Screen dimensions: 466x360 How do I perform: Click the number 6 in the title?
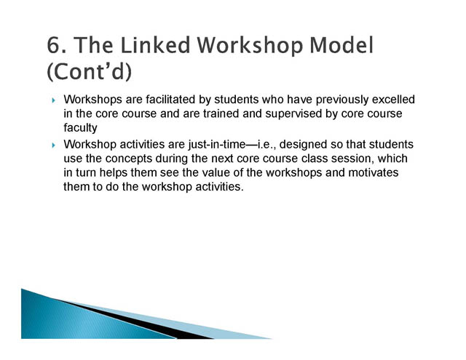pos(54,45)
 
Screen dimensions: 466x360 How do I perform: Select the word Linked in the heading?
pos(155,45)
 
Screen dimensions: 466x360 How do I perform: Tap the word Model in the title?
pos(341,45)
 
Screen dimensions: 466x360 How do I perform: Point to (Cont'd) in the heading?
pos(89,71)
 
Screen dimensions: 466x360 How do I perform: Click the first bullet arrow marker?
pos(53,100)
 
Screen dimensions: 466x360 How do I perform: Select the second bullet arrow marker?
pos(53,145)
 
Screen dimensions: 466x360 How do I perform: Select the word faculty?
pos(80,128)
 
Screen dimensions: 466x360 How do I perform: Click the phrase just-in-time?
pos(217,145)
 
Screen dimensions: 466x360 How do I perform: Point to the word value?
pos(213,173)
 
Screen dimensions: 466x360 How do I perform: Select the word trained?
pos(221,113)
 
